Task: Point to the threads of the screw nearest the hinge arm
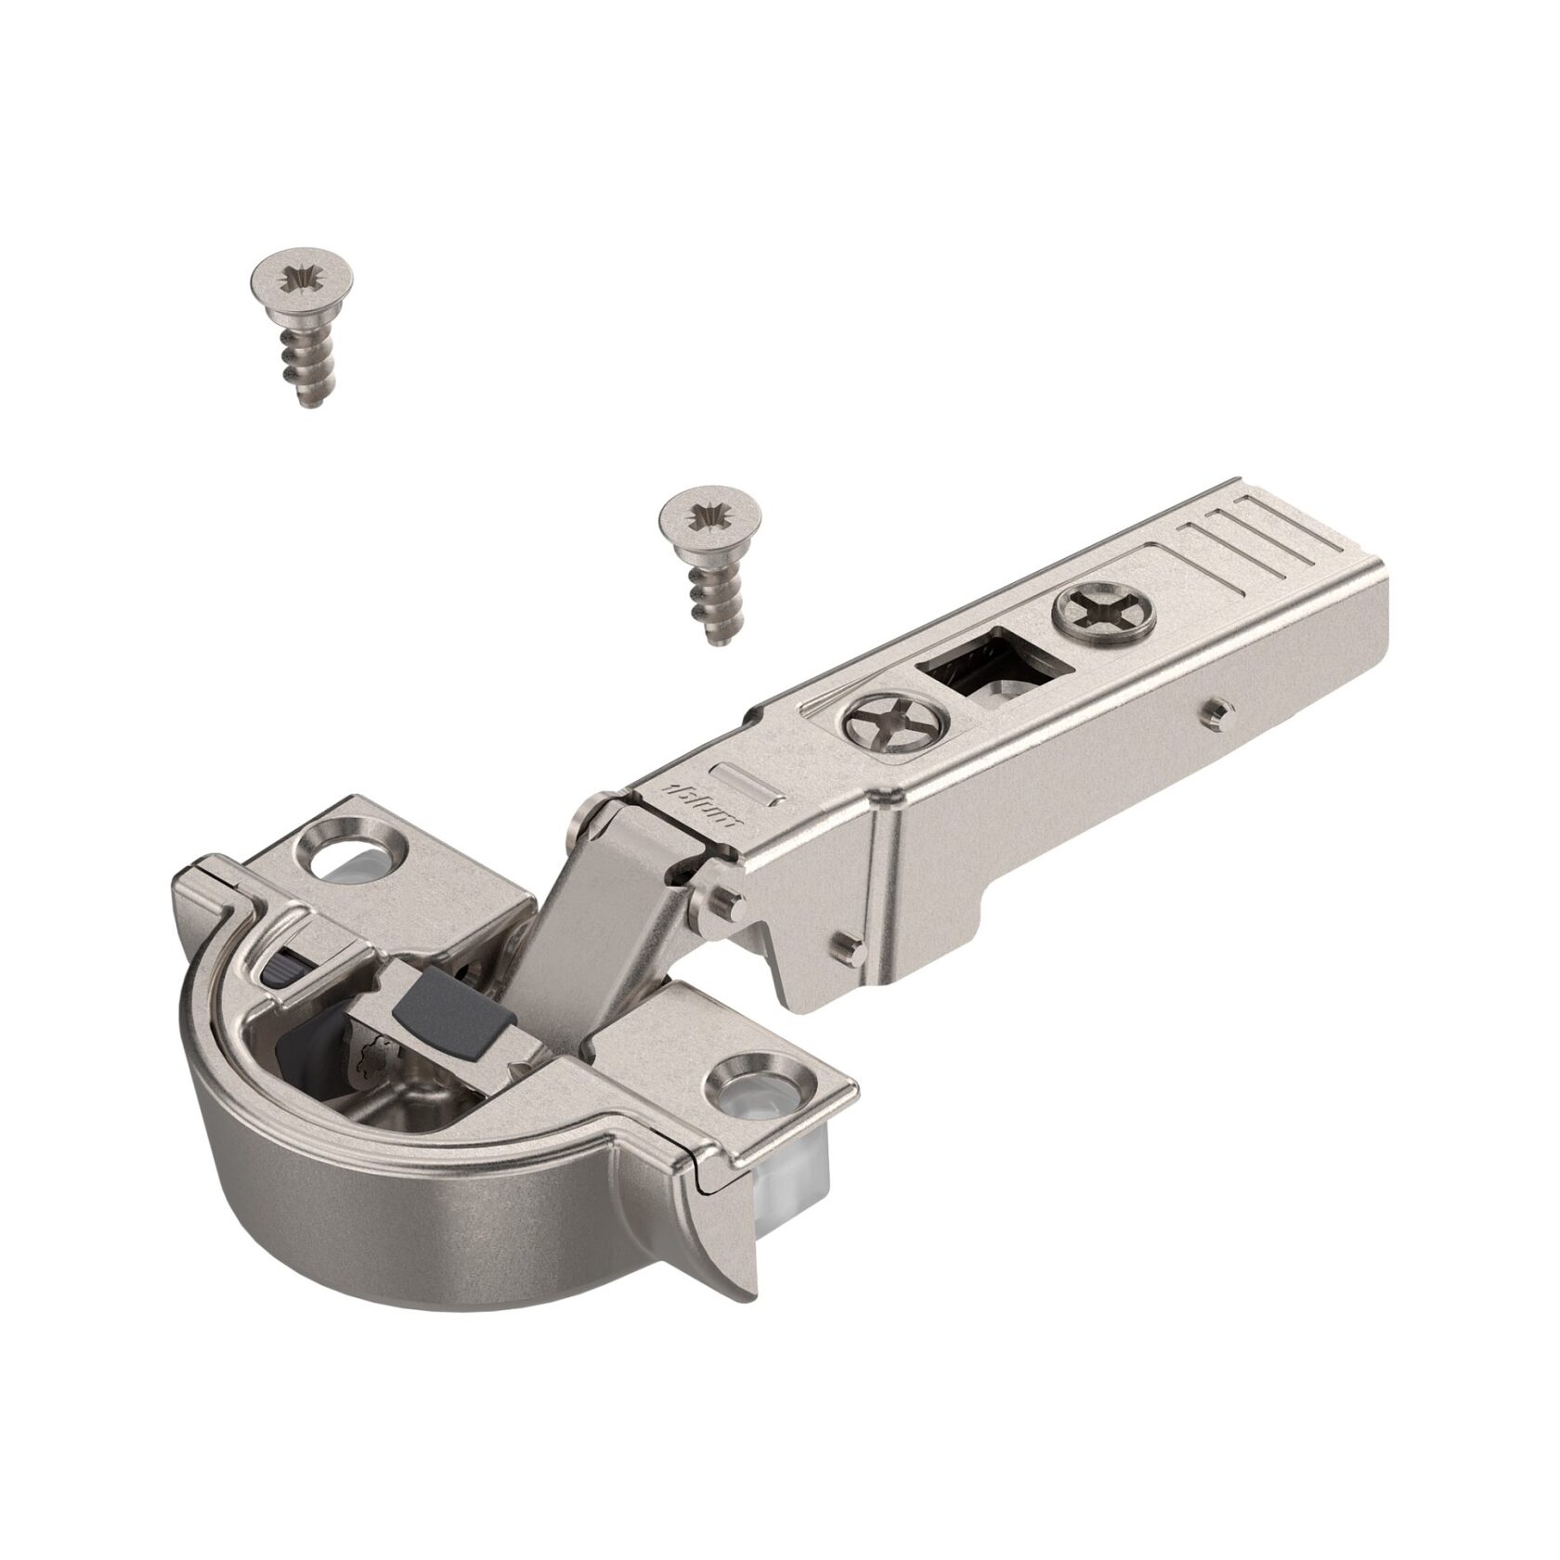pyautogui.click(x=710, y=594)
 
